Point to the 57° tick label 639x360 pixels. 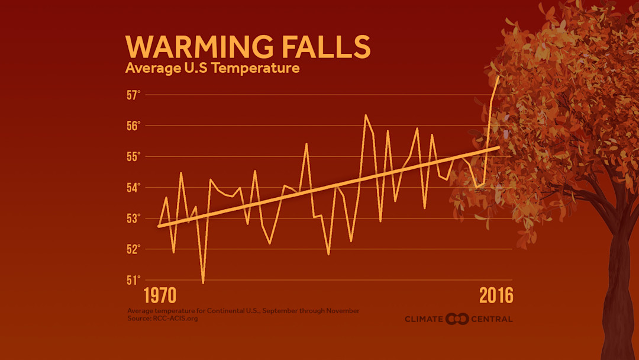click(x=133, y=95)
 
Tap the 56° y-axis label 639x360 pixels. click(x=133, y=126)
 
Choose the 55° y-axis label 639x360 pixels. click(x=133, y=156)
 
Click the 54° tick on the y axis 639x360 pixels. click(x=133, y=188)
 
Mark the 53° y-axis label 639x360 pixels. click(x=133, y=218)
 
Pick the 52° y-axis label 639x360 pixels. click(x=133, y=249)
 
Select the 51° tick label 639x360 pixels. click(x=133, y=280)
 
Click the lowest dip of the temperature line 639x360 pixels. click(x=203, y=282)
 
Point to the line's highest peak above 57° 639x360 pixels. click(x=499, y=76)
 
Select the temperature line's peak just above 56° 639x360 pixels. click(x=366, y=115)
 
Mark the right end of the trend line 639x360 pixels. click(x=499, y=147)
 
